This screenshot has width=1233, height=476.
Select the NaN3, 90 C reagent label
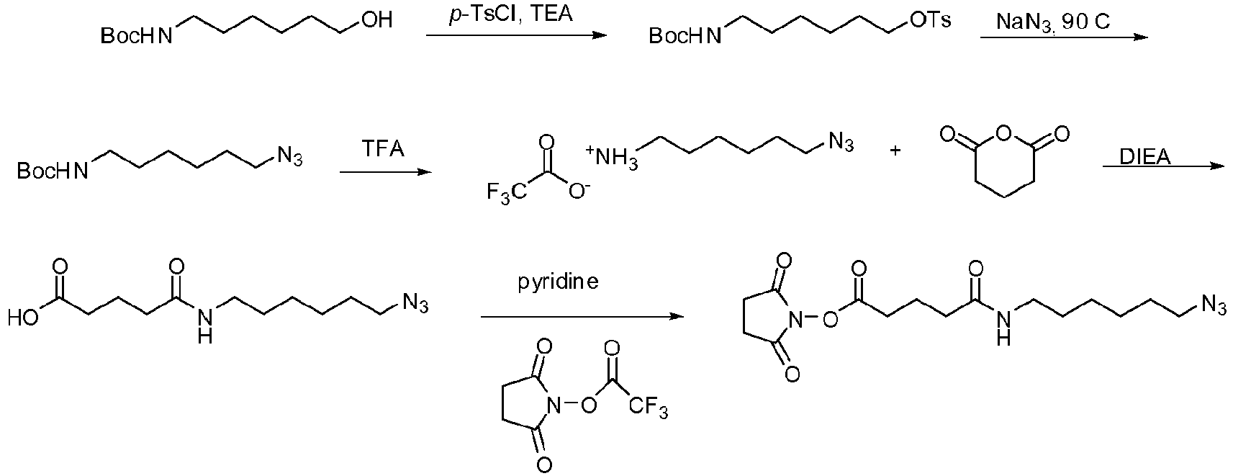[1053, 22]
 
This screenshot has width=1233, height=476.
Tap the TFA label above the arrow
[383, 149]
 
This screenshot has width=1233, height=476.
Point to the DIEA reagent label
[1145, 157]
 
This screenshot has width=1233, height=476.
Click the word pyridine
[558, 282]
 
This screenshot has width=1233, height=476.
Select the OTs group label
[930, 20]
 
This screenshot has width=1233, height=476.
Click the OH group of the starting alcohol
[376, 20]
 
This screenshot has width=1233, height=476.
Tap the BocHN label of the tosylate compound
[685, 36]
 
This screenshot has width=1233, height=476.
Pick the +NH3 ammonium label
[613, 157]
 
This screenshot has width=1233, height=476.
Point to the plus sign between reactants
[895, 150]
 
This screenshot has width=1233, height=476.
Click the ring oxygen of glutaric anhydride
[1005, 133]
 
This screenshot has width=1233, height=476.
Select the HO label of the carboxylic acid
[23, 318]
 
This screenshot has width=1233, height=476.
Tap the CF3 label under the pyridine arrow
[649, 408]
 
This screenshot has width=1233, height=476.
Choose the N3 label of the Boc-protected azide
[289, 156]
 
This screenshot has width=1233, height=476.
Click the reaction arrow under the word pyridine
[582, 317]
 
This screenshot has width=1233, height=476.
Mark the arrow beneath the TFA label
[386, 172]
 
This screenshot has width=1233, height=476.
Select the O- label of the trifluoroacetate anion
[579, 191]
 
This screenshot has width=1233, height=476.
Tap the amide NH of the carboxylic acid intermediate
[204, 325]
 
